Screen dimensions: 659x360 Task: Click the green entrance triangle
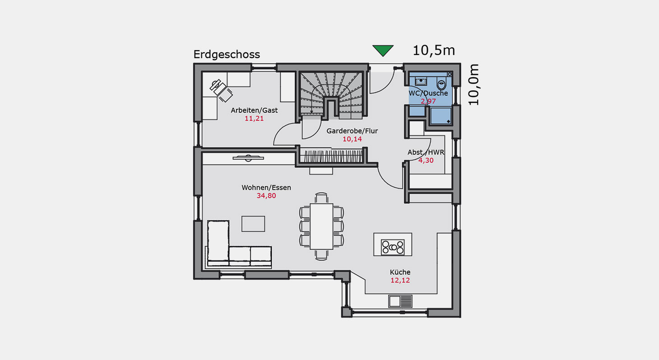[x=383, y=50]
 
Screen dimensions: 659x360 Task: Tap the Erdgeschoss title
[x=227, y=55]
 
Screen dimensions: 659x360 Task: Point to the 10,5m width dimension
[x=434, y=51]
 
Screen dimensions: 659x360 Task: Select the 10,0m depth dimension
[x=473, y=85]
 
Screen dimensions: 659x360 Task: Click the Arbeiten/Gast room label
[x=254, y=110]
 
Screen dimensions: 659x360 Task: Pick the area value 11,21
[x=254, y=119]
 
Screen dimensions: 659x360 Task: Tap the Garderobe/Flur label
[x=352, y=131]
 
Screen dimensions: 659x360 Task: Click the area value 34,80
[x=266, y=196]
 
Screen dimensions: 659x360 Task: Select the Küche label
[x=400, y=272]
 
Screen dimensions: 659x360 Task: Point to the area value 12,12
[x=400, y=280]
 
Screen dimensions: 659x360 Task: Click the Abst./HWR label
[x=426, y=152]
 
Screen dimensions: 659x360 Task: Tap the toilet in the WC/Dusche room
[x=441, y=84]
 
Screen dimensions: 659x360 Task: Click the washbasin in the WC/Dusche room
[x=421, y=81]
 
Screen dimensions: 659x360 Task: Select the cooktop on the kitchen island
[x=392, y=247]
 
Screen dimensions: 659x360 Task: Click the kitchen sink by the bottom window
[x=400, y=301]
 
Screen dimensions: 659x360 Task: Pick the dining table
[x=321, y=226]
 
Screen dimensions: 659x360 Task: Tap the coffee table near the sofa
[x=253, y=224]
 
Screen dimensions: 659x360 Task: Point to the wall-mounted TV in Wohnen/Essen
[x=248, y=158]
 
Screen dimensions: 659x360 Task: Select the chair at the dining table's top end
[x=321, y=198]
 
